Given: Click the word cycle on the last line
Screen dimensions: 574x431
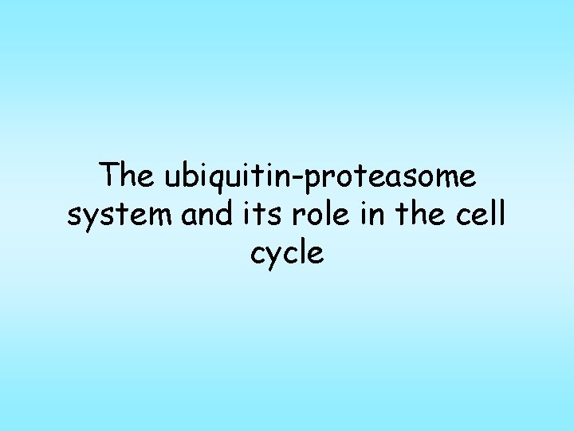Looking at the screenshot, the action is [x=287, y=254].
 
